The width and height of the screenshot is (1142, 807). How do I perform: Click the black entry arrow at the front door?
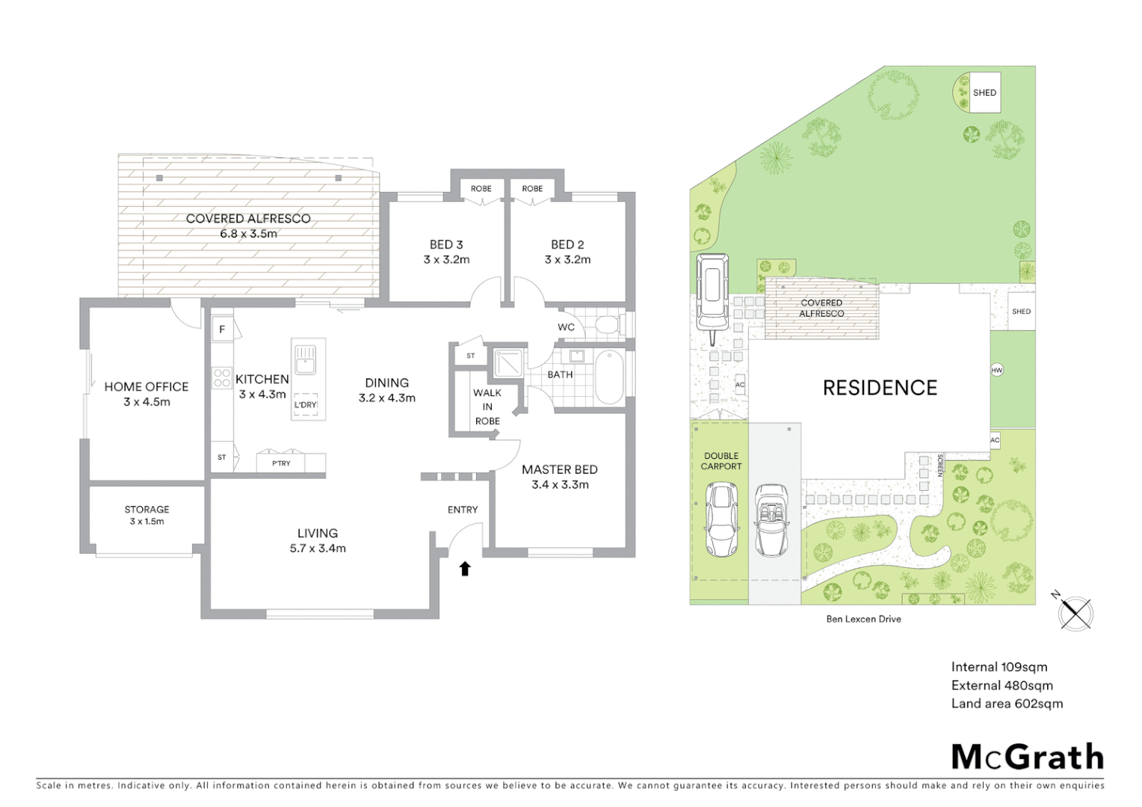tap(465, 569)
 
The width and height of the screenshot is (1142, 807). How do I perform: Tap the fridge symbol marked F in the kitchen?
tap(222, 329)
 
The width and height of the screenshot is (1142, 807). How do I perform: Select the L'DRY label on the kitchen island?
tap(305, 405)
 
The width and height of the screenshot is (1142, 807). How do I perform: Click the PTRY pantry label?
tap(281, 463)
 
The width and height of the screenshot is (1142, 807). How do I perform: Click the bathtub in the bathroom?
tap(609, 377)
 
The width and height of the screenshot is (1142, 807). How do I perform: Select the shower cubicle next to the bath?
tap(509, 362)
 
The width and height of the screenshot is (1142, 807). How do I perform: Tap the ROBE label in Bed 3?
tap(481, 188)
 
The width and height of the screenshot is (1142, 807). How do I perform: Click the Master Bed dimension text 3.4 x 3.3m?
tap(560, 484)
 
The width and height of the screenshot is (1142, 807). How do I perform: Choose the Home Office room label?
tap(146, 386)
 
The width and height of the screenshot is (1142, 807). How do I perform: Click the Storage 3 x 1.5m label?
tap(146, 515)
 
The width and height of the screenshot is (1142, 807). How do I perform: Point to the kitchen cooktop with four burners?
tap(222, 377)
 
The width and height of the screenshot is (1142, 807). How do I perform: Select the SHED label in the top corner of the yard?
tap(984, 93)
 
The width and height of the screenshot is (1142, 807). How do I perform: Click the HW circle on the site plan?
tap(996, 370)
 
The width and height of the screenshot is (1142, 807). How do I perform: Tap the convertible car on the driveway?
tap(771, 521)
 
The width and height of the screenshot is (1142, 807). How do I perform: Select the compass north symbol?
tap(1075, 612)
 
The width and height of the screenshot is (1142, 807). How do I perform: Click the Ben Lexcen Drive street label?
tap(863, 619)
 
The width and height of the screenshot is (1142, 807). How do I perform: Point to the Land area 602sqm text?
tap(1007, 703)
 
